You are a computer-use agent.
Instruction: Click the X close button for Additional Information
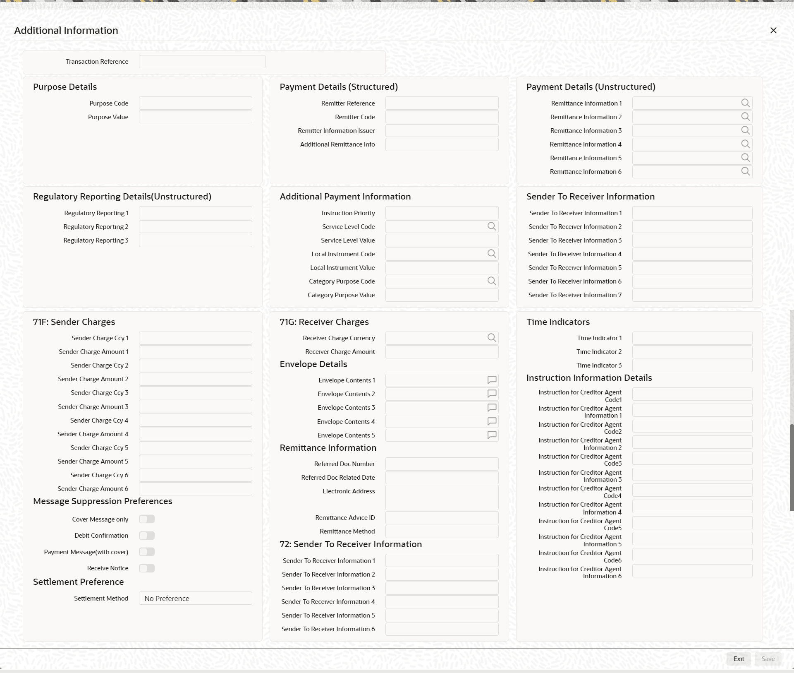(773, 31)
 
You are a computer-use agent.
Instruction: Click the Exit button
(739, 659)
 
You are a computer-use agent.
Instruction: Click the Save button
(768, 659)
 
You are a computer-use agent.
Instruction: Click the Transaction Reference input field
(202, 62)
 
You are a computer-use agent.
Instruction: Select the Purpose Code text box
(195, 103)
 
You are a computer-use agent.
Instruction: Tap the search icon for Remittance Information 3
(745, 130)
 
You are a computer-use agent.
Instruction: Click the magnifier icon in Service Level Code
(491, 226)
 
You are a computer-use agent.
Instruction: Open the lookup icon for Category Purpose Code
(491, 281)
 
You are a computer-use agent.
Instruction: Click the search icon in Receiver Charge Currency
(491, 338)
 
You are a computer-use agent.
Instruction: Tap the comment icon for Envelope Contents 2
(492, 394)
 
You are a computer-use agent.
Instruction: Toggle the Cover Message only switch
(147, 519)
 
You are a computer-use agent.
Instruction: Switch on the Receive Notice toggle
(147, 568)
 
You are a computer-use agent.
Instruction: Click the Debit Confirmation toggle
(147, 536)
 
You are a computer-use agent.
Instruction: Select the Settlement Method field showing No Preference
(195, 598)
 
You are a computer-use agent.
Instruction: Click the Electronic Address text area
(442, 498)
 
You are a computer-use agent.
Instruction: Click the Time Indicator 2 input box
(692, 352)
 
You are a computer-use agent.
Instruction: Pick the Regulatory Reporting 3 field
(195, 240)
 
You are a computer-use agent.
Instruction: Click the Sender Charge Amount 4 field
(195, 434)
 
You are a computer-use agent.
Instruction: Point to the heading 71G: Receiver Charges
(324, 322)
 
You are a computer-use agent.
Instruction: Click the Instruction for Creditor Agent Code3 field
(692, 459)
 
